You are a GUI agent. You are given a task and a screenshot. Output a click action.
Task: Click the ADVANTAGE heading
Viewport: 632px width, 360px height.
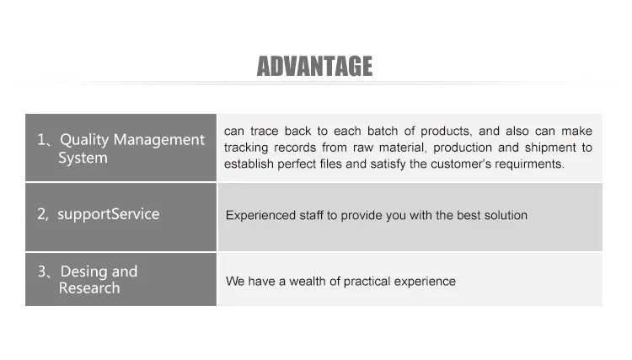(314, 66)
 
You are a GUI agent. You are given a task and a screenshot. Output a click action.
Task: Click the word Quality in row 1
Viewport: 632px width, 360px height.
(84, 140)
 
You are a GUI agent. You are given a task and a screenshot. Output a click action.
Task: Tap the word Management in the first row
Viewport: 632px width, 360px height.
(159, 140)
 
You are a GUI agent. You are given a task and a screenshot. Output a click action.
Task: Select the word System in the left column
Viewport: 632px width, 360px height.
(83, 158)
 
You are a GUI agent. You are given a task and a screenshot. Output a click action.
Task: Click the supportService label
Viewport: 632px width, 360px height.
(109, 214)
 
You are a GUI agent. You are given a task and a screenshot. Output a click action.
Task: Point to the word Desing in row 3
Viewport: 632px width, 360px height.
(83, 272)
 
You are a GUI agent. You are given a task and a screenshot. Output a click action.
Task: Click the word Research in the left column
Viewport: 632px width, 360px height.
(89, 288)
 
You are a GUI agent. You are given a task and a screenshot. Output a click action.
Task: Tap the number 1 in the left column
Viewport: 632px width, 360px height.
(41, 140)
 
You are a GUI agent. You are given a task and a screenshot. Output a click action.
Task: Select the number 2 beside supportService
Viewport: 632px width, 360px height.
(41, 214)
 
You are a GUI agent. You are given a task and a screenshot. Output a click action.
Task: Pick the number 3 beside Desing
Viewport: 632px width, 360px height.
(42, 271)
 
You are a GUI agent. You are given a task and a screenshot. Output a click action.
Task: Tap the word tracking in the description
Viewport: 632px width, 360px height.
(246, 148)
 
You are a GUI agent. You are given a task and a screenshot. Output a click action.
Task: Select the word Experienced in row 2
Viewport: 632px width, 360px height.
(260, 216)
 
